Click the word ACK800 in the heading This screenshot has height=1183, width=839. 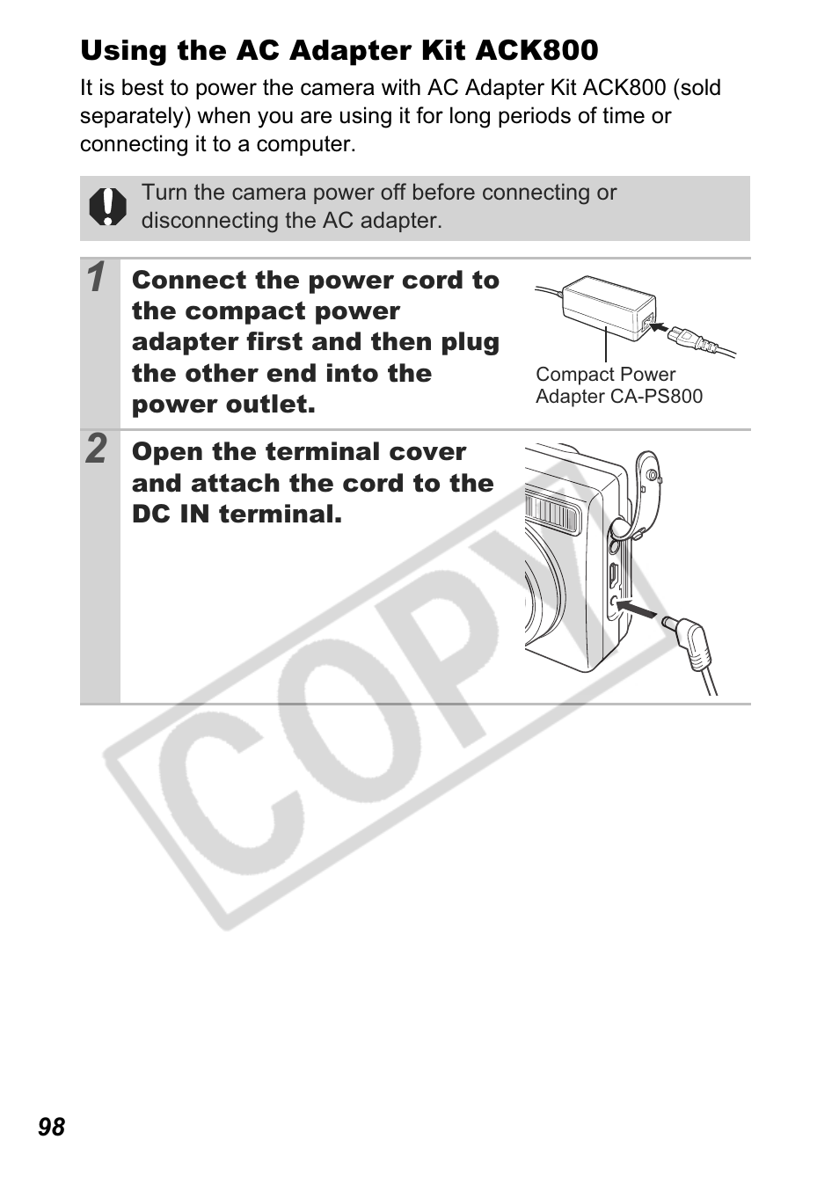click(x=536, y=51)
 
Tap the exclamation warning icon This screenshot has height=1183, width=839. click(x=107, y=207)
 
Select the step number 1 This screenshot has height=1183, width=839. click(x=96, y=277)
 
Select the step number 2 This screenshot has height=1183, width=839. click(x=97, y=449)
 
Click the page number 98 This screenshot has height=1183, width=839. click(x=51, y=1127)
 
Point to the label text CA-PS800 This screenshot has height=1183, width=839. click(x=656, y=396)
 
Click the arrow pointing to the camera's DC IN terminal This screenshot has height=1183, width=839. click(x=636, y=609)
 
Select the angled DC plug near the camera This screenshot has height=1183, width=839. click(x=689, y=643)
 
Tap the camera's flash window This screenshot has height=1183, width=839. click(x=552, y=511)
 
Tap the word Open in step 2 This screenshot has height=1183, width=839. click(x=167, y=453)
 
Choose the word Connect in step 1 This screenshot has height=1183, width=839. click(x=189, y=280)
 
